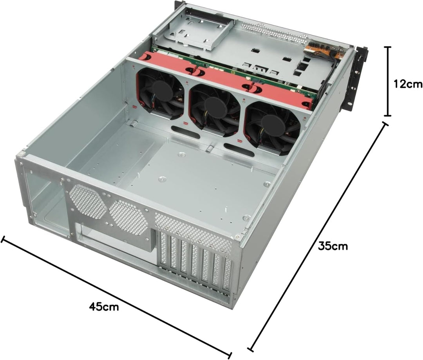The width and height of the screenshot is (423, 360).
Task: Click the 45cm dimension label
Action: [x=104, y=306]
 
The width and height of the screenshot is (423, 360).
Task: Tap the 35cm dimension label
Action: [x=333, y=246]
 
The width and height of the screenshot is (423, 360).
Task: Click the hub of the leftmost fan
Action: [x=160, y=91]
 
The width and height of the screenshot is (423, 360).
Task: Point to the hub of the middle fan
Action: [x=214, y=105]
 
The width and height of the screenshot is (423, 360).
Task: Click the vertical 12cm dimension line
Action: [x=388, y=81]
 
